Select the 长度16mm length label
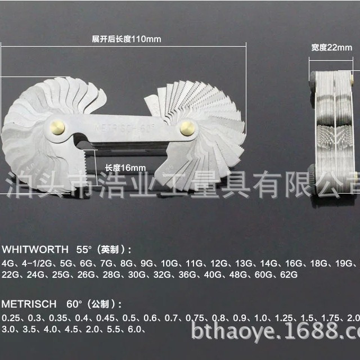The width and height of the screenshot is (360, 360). [x=125, y=168]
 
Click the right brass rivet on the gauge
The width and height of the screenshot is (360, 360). [x=187, y=128]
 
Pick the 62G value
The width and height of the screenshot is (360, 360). [x=286, y=274]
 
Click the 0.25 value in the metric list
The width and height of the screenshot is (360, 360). [x=10, y=318]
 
